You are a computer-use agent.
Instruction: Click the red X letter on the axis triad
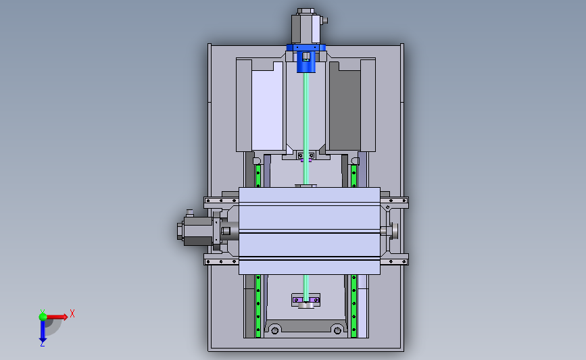72,313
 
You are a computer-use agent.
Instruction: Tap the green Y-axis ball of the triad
43,317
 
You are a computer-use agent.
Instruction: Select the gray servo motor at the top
306,26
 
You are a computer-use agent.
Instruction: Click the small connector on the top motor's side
324,20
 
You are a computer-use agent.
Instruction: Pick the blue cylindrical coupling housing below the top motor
306,61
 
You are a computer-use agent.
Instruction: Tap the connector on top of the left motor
190,213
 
